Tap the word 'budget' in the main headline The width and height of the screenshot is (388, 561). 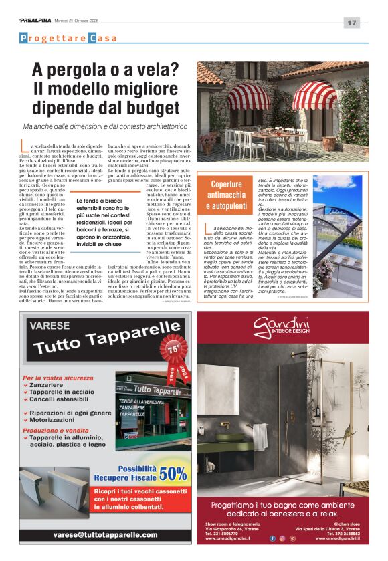147,108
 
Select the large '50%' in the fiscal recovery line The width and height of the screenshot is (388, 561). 173,474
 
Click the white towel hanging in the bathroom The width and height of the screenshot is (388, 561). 261,435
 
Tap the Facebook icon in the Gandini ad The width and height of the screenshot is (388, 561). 272,538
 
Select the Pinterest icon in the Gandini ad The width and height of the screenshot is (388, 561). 292,538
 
